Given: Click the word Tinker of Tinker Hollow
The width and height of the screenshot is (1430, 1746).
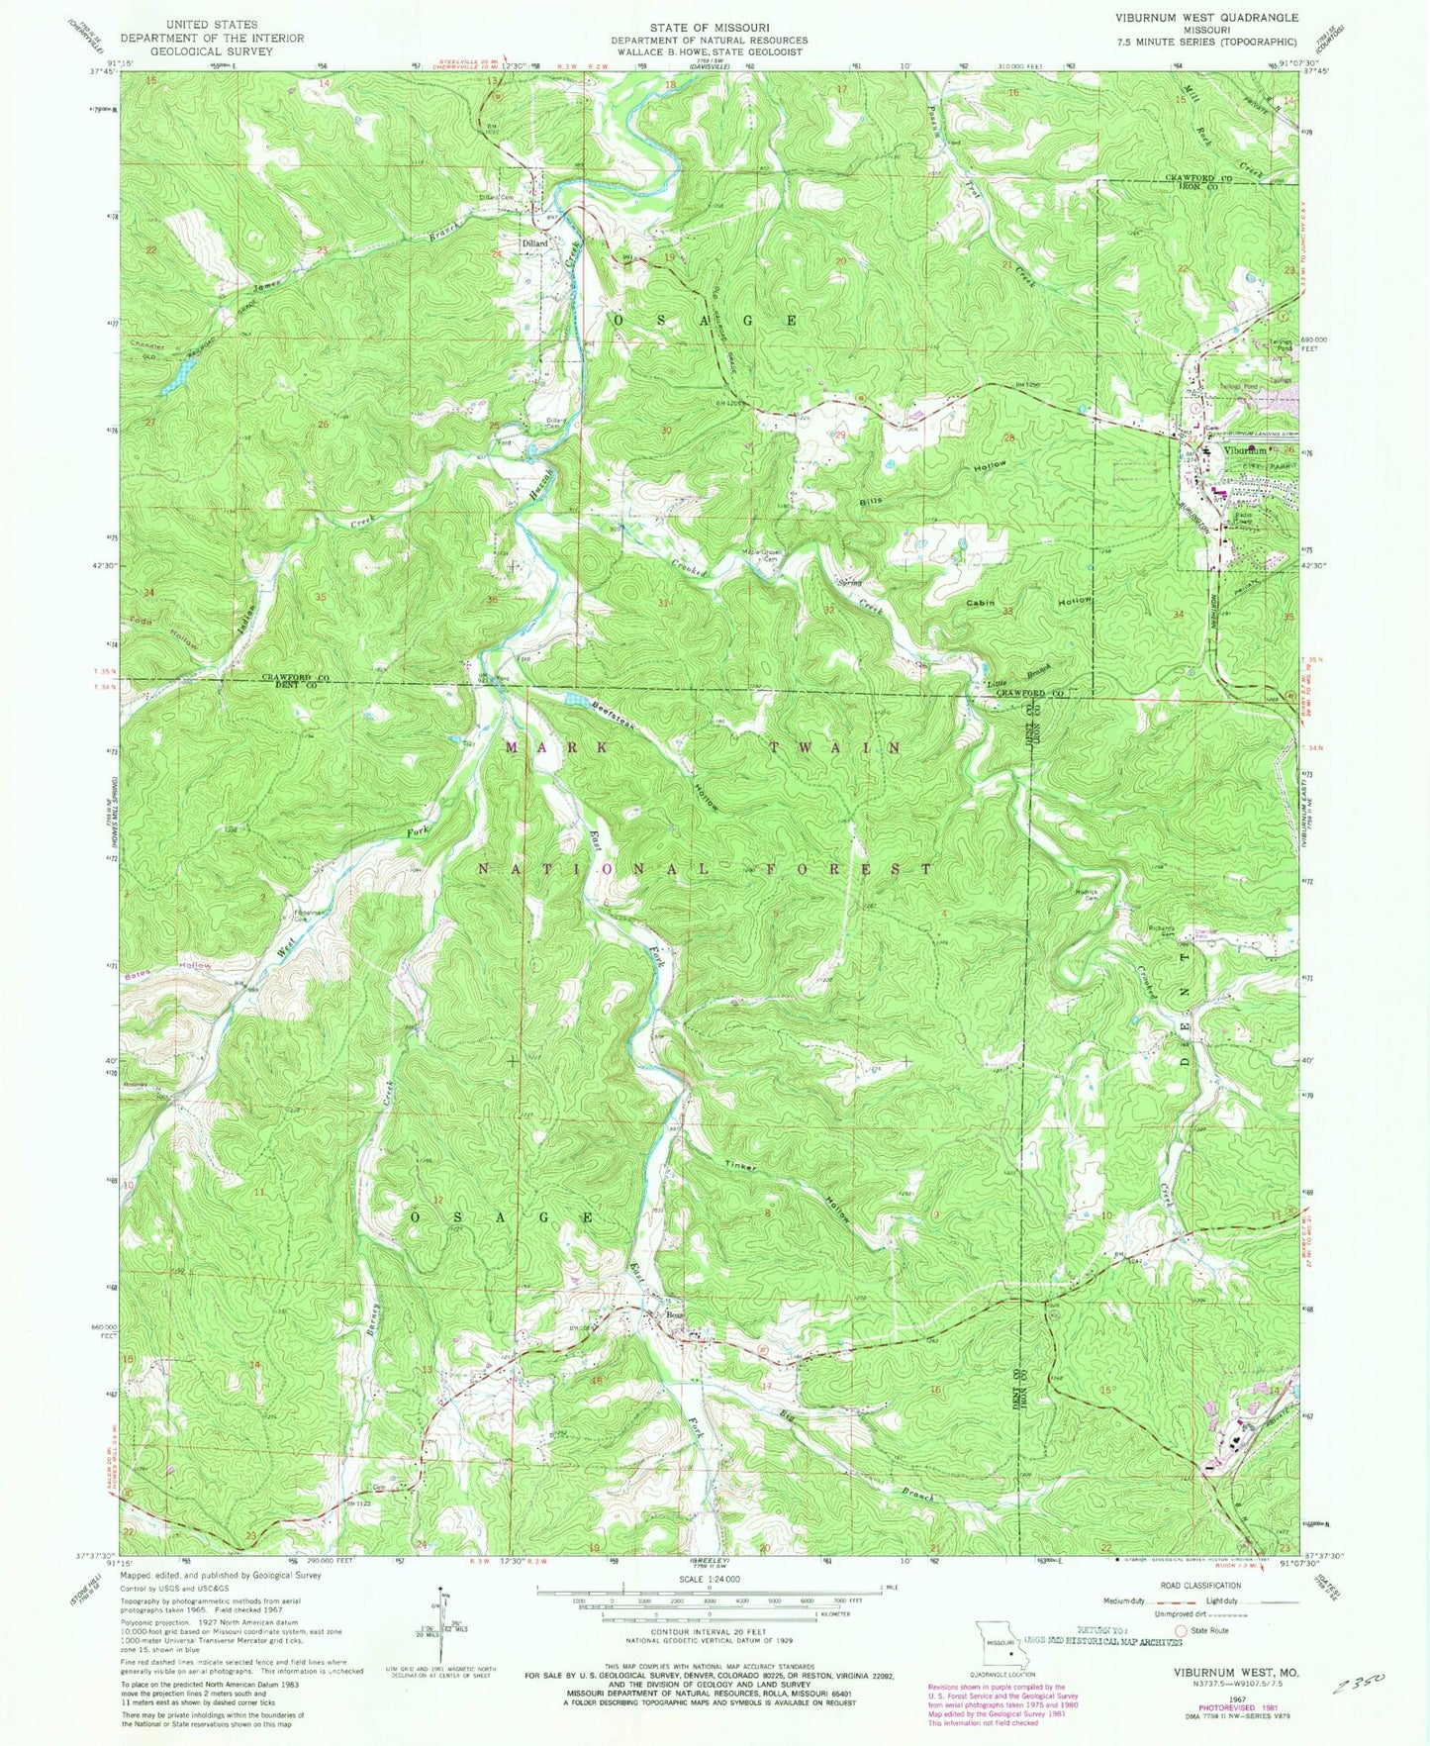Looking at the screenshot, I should tap(740, 1165).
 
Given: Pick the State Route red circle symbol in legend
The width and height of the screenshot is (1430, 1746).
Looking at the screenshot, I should tap(1180, 1629).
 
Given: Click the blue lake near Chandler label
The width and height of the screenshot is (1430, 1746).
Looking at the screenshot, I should tap(180, 377).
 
